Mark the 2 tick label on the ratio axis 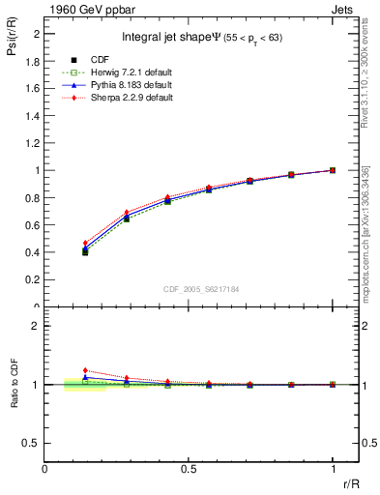35,326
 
